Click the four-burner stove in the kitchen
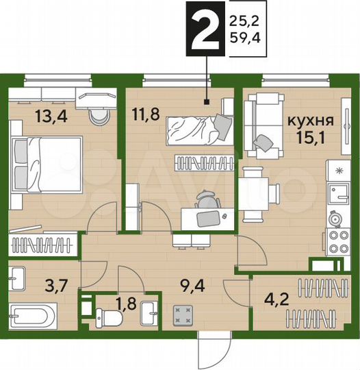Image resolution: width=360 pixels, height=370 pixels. pos(337,240)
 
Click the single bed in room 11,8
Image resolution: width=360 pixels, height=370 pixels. pos(198,129)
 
